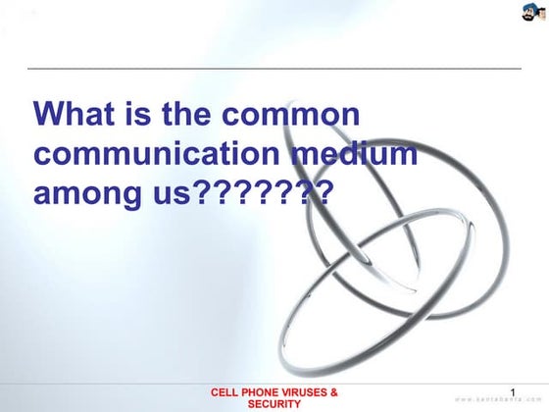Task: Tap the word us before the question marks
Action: coord(165,193)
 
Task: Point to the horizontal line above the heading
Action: coord(274,69)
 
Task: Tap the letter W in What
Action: coord(49,116)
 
